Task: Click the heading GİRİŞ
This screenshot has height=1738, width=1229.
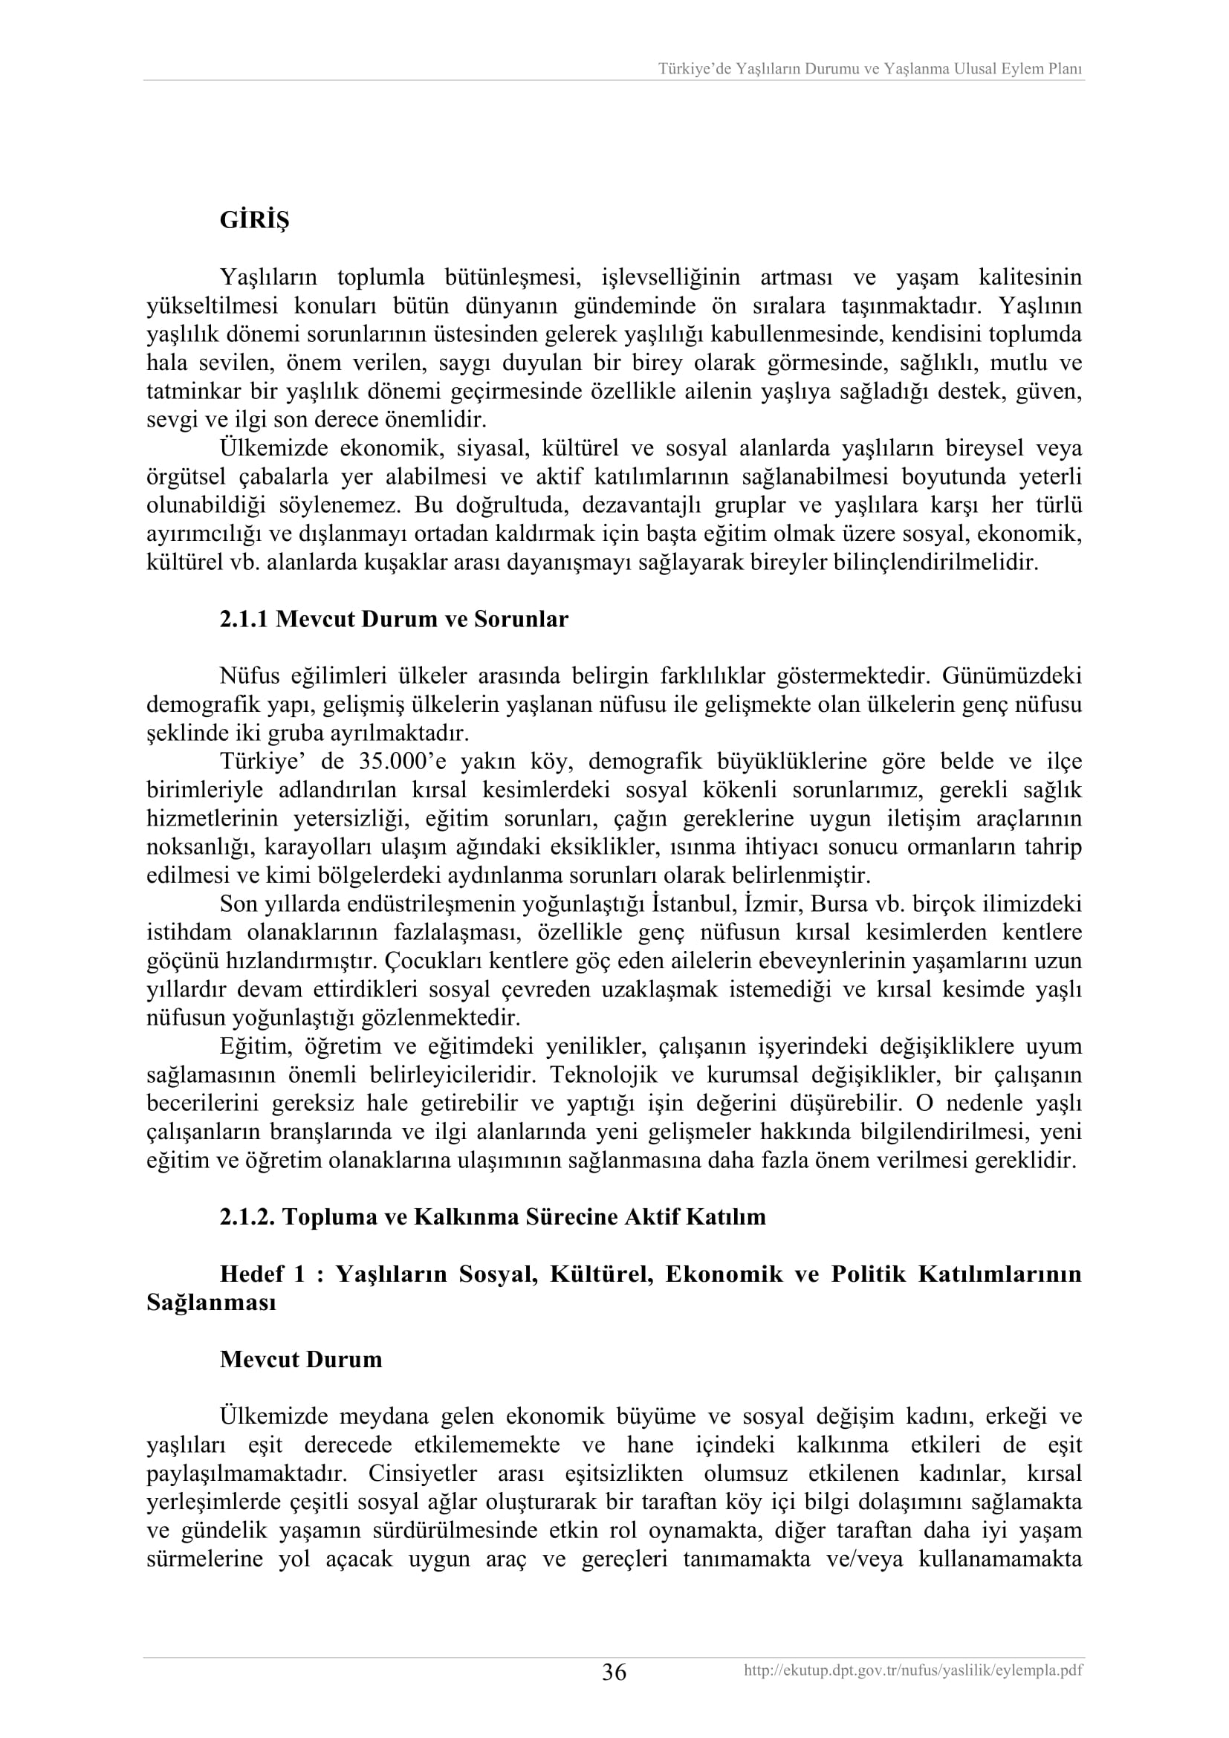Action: click(x=254, y=220)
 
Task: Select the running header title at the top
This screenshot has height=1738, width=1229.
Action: click(x=869, y=69)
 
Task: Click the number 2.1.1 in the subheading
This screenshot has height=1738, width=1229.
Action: click(x=244, y=619)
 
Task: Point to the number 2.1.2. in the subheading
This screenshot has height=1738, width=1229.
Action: click(x=247, y=1216)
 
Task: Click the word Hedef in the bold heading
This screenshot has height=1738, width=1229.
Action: click(x=252, y=1274)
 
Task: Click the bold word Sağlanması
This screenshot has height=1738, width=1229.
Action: click(x=211, y=1302)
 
